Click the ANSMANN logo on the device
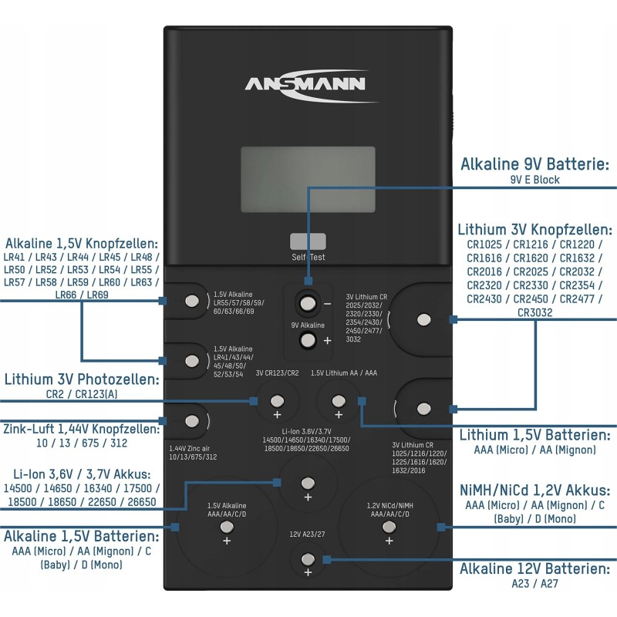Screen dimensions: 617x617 305,83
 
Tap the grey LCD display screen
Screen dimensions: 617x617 308,179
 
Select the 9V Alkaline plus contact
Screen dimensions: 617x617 308,340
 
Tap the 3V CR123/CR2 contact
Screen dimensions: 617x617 277,400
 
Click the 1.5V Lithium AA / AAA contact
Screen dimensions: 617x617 337,400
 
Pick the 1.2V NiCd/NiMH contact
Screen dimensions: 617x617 388,528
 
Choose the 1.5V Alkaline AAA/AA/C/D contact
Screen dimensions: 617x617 227,528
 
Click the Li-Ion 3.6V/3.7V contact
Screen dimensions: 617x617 308,484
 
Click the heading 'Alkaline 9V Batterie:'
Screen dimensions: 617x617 535,164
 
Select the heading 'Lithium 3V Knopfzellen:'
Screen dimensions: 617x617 535,230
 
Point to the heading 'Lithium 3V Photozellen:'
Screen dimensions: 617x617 82,379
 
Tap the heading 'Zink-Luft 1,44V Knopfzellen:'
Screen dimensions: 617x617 81,428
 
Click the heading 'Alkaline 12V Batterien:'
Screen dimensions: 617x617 535,569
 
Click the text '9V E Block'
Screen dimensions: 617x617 534,180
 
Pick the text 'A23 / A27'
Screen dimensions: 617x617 534,584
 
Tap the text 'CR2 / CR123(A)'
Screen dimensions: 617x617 81,394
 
